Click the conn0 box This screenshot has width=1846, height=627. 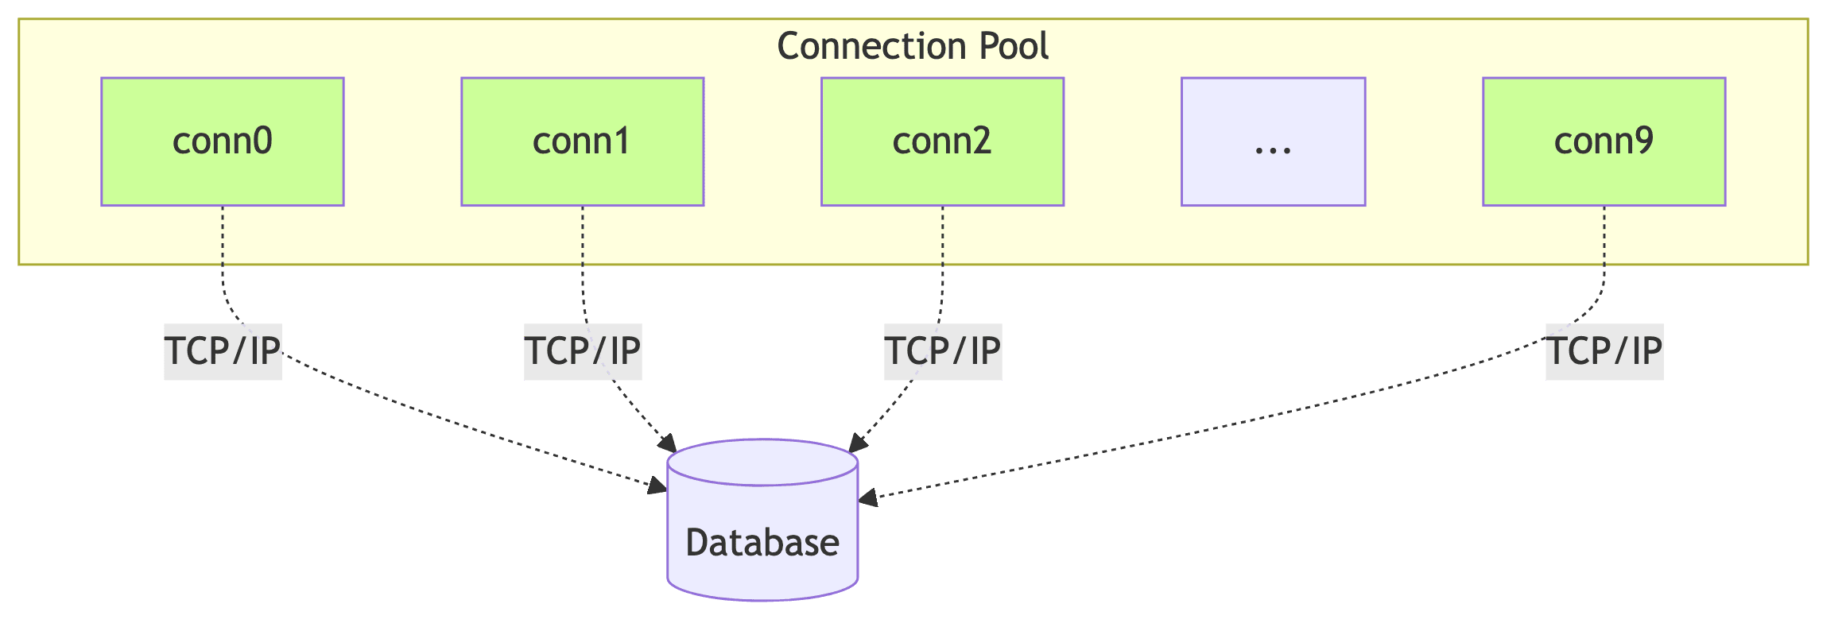coord(222,141)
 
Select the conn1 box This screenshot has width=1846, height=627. coord(582,141)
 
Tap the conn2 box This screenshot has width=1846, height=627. coord(942,141)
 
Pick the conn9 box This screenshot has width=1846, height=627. coord(1604,141)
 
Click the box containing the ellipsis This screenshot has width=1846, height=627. coord(1273,141)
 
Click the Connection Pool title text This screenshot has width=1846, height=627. coord(912,46)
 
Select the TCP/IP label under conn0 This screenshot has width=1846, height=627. coord(223,351)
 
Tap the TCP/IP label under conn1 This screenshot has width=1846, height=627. coord(583,351)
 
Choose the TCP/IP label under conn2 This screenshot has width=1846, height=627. coord(943,351)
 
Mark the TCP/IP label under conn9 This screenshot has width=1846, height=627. coord(1604,351)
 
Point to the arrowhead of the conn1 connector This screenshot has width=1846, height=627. coord(668,444)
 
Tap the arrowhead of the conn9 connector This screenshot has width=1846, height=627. coord(867,498)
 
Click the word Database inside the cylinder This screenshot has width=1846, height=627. coord(762,543)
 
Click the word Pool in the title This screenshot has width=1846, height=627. coord(1014,46)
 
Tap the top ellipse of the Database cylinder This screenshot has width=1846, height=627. coord(762,462)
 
